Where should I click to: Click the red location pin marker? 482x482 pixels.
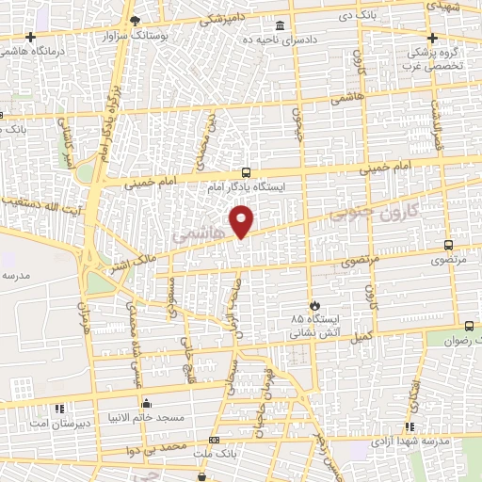click(x=243, y=221)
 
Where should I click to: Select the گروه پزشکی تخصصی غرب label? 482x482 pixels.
click(x=431, y=59)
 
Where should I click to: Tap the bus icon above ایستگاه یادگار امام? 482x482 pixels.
click(x=246, y=172)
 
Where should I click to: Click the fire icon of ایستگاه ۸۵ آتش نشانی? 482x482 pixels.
click(x=314, y=305)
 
